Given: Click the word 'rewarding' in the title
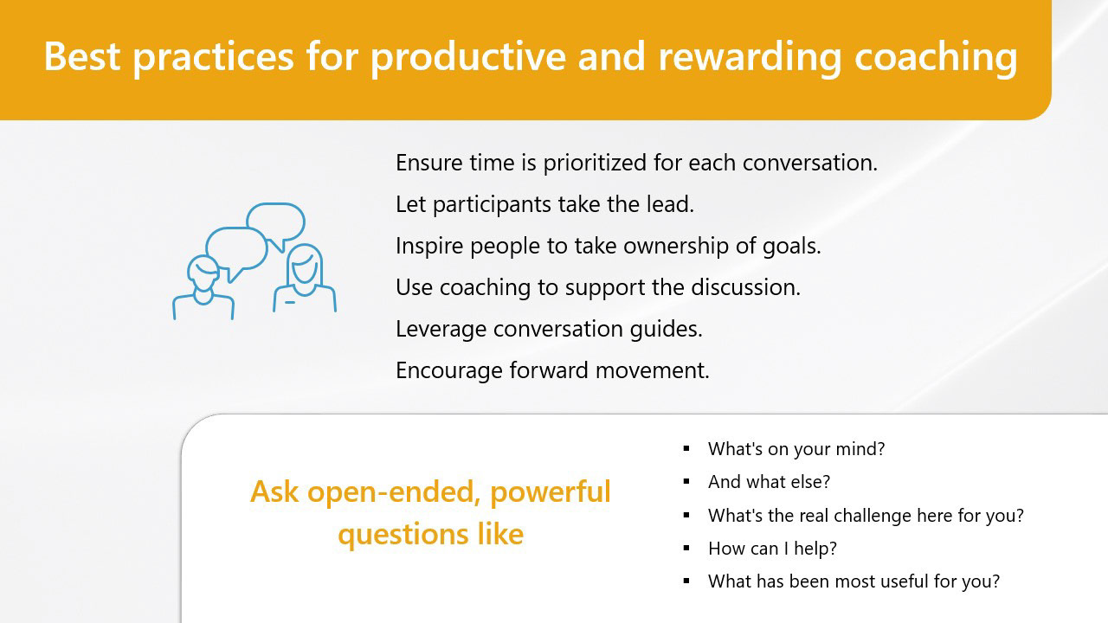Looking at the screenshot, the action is click(x=750, y=57).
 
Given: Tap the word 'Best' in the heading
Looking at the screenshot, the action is click(x=82, y=56).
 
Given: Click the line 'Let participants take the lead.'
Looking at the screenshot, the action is click(x=544, y=204).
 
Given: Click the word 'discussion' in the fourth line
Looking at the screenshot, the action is click(x=745, y=287).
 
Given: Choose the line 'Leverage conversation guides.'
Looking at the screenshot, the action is click(x=549, y=330).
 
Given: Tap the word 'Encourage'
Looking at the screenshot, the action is click(x=449, y=371).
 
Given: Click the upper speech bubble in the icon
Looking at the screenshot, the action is click(x=276, y=222).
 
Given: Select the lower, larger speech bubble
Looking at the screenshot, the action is click(x=236, y=252).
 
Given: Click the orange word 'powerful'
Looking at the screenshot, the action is click(x=551, y=493).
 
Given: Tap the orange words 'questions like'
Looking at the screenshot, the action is click(x=430, y=535).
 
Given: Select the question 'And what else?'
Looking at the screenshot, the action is click(x=769, y=482).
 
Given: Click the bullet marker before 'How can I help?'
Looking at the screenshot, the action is click(x=686, y=548).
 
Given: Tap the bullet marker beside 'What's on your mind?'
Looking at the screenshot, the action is click(x=686, y=448).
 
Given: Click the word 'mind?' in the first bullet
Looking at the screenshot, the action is click(x=860, y=449).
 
